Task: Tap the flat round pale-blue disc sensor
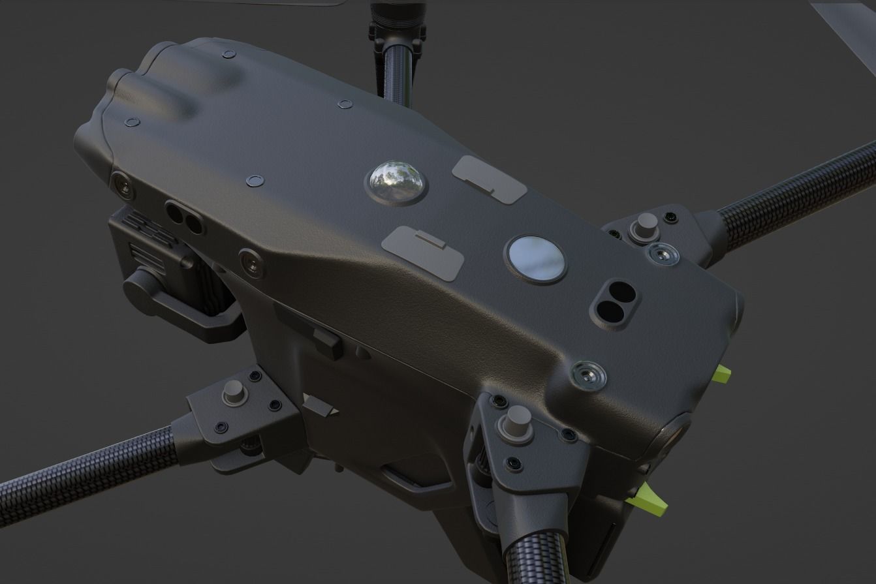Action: [535, 259]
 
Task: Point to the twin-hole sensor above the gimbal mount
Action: [183, 217]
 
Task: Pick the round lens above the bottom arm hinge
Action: [588, 374]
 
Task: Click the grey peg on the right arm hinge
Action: [646, 225]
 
